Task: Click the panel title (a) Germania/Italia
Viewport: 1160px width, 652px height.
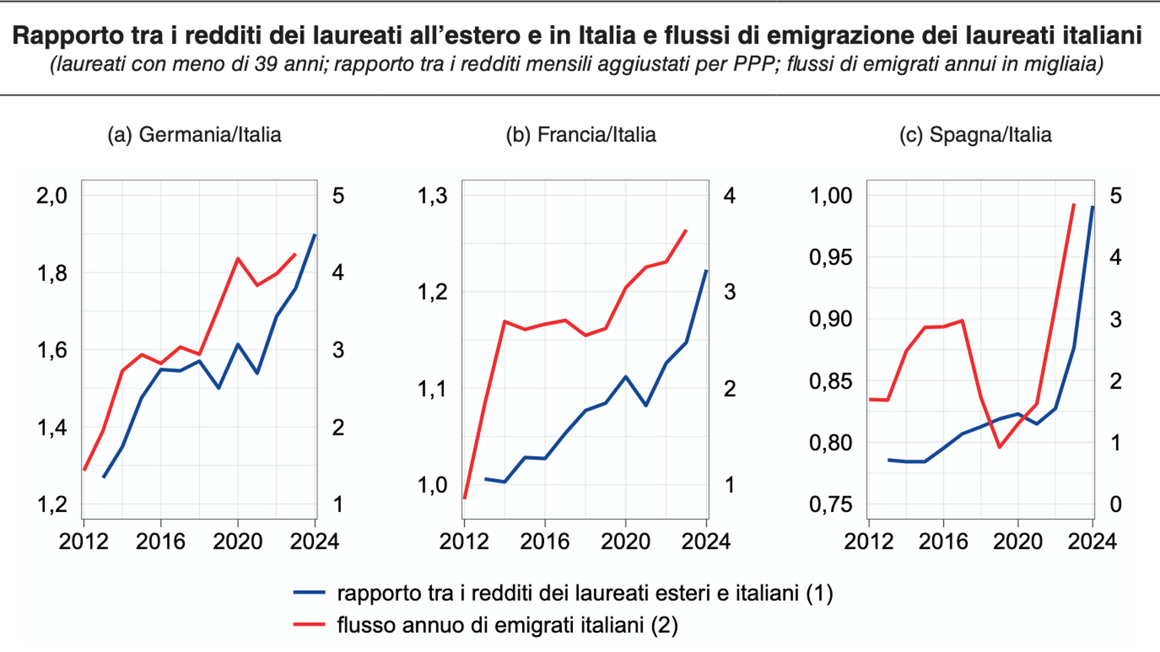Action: pyautogui.click(x=194, y=135)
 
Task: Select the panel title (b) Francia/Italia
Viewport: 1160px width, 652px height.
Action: pyautogui.click(x=581, y=135)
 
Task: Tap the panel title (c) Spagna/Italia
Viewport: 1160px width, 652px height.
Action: pyautogui.click(x=975, y=135)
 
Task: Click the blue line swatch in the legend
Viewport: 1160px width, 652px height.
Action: pyautogui.click(x=309, y=593)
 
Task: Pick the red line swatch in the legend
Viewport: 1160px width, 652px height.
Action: pyautogui.click(x=309, y=624)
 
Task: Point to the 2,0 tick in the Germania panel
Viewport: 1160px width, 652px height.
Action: pyautogui.click(x=52, y=196)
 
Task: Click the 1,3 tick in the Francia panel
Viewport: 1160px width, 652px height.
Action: pyautogui.click(x=433, y=196)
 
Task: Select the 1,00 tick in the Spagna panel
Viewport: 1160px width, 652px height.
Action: pyautogui.click(x=831, y=196)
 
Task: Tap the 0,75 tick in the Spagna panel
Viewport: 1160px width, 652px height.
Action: pyautogui.click(x=831, y=504)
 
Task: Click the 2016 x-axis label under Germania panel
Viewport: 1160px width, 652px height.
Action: pyautogui.click(x=160, y=542)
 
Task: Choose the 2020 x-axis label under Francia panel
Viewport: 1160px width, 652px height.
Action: pyautogui.click(x=625, y=542)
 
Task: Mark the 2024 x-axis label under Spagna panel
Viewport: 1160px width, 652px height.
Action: pyautogui.click(x=1092, y=542)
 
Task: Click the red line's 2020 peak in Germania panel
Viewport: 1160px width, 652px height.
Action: pyautogui.click(x=238, y=258)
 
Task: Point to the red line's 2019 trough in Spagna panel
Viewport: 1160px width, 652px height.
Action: pyautogui.click(x=999, y=447)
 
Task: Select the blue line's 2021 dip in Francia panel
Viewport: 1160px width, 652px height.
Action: pyautogui.click(x=646, y=405)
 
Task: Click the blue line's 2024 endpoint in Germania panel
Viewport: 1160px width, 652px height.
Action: pyautogui.click(x=315, y=235)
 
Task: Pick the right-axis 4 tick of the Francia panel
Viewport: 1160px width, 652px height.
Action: pyautogui.click(x=730, y=196)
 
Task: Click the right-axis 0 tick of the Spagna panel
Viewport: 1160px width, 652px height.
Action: pyautogui.click(x=1115, y=504)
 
